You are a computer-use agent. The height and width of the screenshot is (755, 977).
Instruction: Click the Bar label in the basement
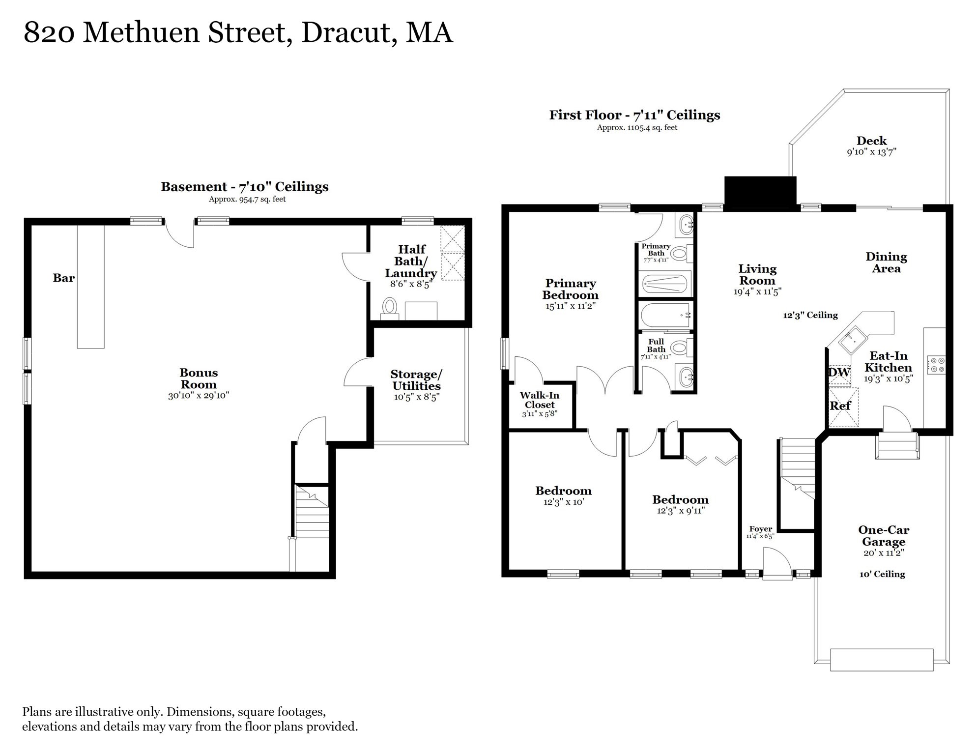(x=64, y=278)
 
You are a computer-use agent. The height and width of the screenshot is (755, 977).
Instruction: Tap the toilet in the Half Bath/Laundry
(x=390, y=307)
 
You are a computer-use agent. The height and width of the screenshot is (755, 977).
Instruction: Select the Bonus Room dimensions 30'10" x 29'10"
(x=199, y=396)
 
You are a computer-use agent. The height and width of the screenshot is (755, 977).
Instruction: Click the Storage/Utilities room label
(x=416, y=380)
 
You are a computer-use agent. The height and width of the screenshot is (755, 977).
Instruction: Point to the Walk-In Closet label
(x=540, y=400)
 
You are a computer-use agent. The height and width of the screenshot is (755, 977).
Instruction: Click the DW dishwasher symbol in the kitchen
(x=839, y=373)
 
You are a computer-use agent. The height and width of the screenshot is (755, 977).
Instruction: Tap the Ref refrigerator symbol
(x=841, y=407)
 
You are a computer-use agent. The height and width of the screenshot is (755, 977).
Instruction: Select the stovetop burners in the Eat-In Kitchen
(x=936, y=365)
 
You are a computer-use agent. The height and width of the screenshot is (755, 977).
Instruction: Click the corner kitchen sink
(x=853, y=340)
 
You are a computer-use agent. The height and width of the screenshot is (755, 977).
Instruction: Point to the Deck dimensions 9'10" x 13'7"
(x=871, y=152)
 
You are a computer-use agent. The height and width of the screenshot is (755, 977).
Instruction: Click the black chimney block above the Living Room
(x=760, y=193)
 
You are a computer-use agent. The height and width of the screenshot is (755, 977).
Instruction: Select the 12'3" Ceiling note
(x=810, y=316)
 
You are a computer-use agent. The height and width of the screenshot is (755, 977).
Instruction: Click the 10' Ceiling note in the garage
(x=882, y=574)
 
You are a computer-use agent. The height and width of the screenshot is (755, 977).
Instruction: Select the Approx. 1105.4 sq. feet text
(x=637, y=128)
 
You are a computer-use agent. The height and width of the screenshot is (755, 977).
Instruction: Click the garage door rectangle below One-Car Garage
(x=882, y=660)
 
